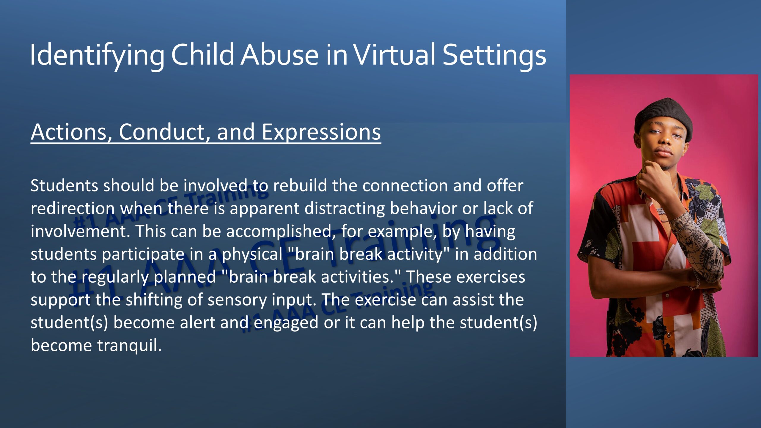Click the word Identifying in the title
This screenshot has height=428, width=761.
pos(97,56)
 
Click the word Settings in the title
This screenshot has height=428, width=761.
pos(494,56)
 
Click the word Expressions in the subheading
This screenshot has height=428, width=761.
pos(321,133)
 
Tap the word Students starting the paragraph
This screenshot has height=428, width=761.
pos(64,185)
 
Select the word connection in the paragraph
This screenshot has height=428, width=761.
pos(405,185)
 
